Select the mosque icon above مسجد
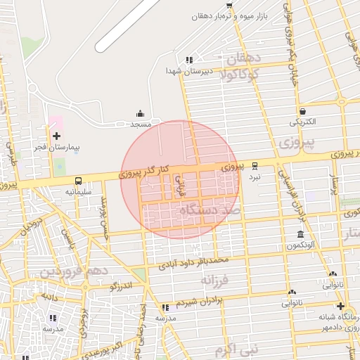pyautogui.click(x=140, y=113)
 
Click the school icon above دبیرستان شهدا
pyautogui.click(x=188, y=60)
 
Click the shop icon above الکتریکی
pyautogui.click(x=302, y=111)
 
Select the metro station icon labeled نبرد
pyautogui.click(x=255, y=167)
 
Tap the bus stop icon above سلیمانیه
pyautogui.click(x=78, y=180)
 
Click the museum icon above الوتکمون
pyautogui.click(x=300, y=234)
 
